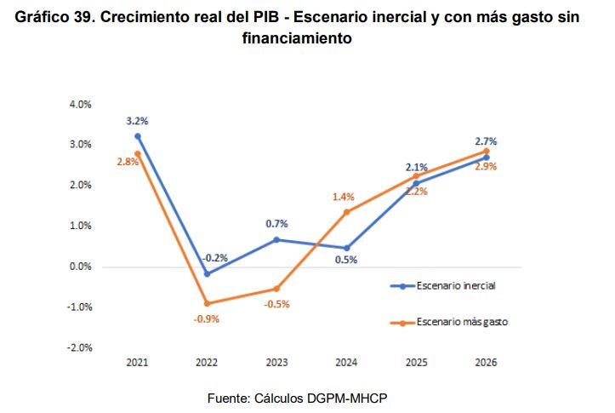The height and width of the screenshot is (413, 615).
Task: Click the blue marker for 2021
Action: pyautogui.click(x=138, y=136)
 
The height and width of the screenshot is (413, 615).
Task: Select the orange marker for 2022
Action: pyautogui.click(x=207, y=303)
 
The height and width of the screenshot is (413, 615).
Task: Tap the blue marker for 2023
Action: pyautogui.click(x=276, y=239)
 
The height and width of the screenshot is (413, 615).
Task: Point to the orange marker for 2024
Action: pyautogui.click(x=346, y=212)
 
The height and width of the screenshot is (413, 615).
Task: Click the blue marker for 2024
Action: pyautogui.click(x=346, y=248)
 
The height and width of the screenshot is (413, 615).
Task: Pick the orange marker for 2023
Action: pyautogui.click(x=276, y=289)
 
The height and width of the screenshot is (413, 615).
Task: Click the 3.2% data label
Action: pyautogui.click(x=138, y=121)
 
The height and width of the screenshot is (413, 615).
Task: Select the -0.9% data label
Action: pyautogui.click(x=207, y=319)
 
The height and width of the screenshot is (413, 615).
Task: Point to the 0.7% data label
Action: pyautogui.click(x=276, y=224)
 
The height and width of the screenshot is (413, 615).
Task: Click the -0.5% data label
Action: pyautogui.click(x=276, y=304)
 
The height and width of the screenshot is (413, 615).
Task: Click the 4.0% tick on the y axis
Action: pyautogui.click(x=80, y=105)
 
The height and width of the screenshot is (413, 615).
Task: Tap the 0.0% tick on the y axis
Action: pyautogui.click(x=80, y=267)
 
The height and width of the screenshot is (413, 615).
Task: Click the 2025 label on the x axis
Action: pyautogui.click(x=416, y=363)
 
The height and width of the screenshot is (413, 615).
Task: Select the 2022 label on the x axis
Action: pyautogui.click(x=207, y=363)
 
